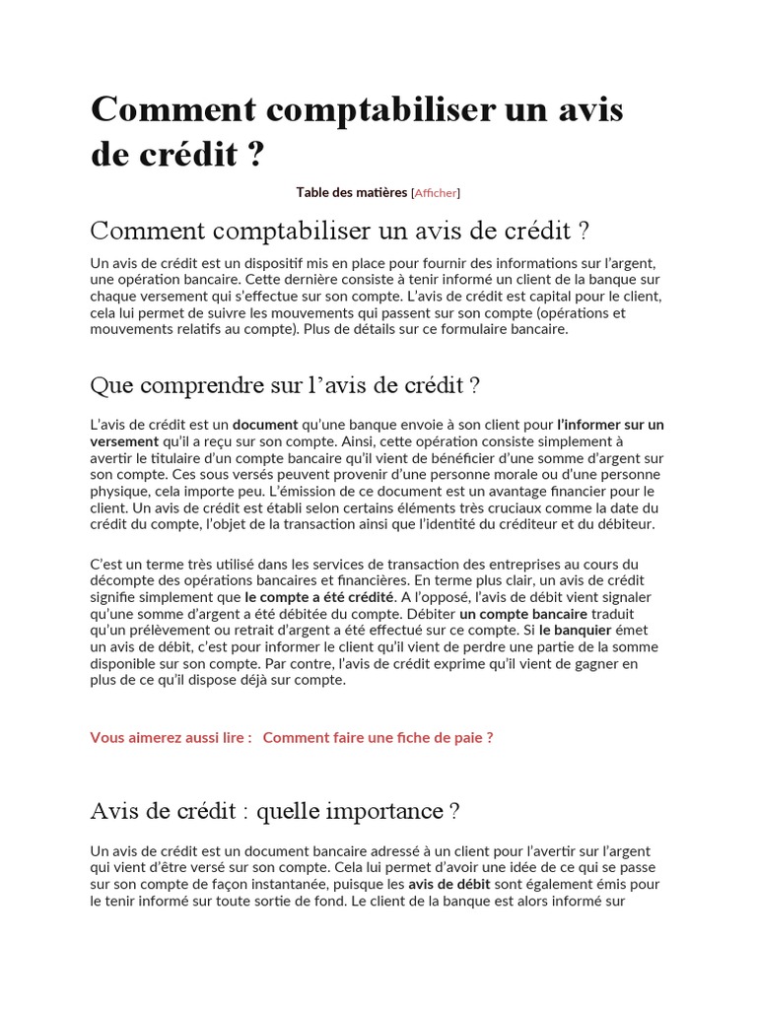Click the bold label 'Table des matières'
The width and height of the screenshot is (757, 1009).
(x=352, y=192)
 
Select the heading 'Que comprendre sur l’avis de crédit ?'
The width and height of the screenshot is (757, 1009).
(x=285, y=384)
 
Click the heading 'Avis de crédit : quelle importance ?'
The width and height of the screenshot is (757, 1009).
(x=275, y=811)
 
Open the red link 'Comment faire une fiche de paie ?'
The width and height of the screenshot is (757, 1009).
(x=378, y=737)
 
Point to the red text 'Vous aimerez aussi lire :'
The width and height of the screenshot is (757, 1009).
(x=172, y=737)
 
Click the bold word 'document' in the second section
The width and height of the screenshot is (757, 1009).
(x=265, y=425)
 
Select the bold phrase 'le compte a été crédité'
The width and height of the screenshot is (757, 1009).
(x=319, y=597)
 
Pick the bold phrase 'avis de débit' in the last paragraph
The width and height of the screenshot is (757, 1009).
(x=449, y=884)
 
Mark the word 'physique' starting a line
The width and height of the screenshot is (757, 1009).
(x=118, y=491)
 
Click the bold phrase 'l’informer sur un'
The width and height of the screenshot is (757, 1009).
(x=610, y=425)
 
